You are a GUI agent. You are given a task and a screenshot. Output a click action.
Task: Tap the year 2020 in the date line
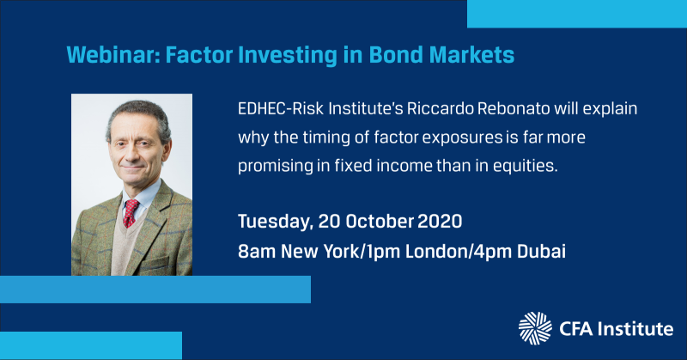(440, 222)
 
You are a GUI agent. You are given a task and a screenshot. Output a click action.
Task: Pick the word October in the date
(380, 222)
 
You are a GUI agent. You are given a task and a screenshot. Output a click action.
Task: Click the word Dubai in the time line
(542, 251)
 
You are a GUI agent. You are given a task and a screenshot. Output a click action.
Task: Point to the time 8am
(256, 251)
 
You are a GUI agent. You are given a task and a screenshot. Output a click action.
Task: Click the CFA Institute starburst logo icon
(535, 328)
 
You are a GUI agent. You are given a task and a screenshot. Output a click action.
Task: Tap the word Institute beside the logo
(635, 329)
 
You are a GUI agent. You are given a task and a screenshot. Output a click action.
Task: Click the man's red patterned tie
(131, 213)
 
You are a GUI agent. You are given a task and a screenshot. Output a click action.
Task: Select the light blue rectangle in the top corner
(577, 14)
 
